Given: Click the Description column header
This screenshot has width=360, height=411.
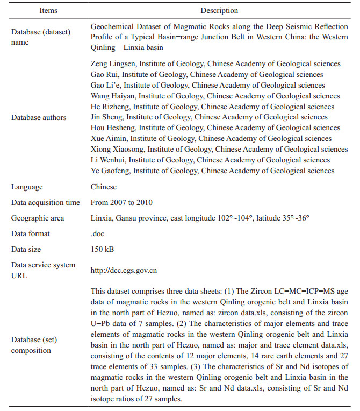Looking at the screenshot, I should (x=219, y=10).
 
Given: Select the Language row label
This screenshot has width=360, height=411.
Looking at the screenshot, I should (x=27, y=187).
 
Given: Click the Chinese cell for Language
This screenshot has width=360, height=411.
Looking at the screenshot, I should (x=104, y=187).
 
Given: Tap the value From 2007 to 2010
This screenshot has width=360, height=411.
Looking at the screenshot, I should (x=121, y=203).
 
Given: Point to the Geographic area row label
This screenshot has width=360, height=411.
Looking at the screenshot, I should (x=38, y=218).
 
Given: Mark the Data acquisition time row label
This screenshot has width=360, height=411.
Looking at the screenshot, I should (x=46, y=203).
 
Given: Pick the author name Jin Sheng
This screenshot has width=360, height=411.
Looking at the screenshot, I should (x=106, y=117).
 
